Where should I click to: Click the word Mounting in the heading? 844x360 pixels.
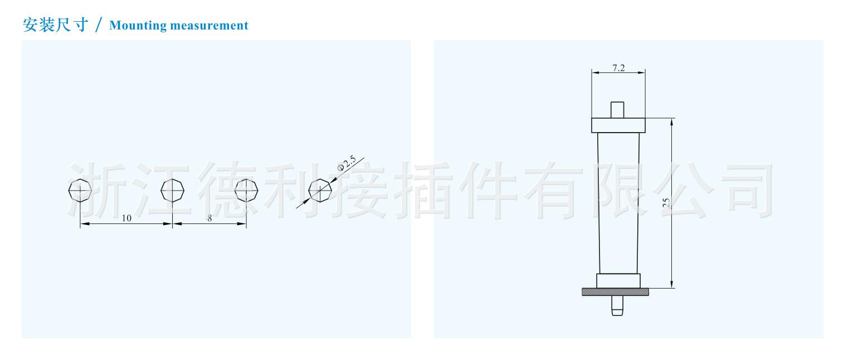click(x=138, y=26)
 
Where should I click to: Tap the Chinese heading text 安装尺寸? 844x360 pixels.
click(x=55, y=25)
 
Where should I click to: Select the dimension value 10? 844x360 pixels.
click(x=126, y=218)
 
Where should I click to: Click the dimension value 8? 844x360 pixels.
click(x=209, y=218)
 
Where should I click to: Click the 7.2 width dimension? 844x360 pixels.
click(x=618, y=68)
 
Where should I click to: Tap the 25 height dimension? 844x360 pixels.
click(x=666, y=203)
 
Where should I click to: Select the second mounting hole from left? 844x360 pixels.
click(x=172, y=191)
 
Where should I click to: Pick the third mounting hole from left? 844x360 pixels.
click(x=246, y=191)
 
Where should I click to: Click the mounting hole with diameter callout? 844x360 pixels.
click(x=320, y=191)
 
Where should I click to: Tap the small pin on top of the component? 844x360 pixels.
click(x=617, y=109)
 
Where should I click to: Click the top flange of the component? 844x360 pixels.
click(x=618, y=125)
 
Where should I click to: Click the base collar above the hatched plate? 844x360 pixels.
click(x=618, y=280)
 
